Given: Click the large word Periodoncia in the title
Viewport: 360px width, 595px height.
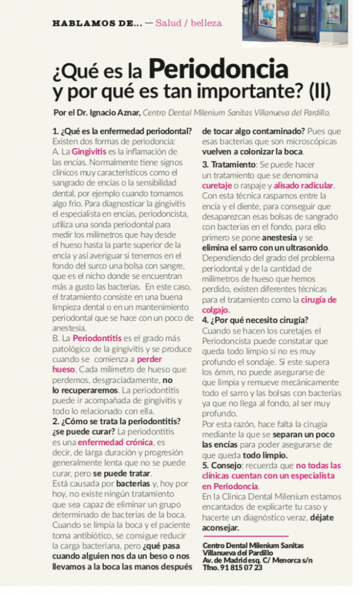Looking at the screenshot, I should click(x=218, y=70).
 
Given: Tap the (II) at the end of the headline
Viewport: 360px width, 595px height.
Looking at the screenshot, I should click(x=319, y=91).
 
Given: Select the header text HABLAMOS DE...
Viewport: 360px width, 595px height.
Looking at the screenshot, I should click(x=96, y=23).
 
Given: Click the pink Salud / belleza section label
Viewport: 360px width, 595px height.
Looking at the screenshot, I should click(x=189, y=23).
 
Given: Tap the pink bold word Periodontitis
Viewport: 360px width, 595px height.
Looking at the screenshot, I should click(x=97, y=338).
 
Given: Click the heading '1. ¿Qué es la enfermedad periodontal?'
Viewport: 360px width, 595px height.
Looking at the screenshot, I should click(x=122, y=131).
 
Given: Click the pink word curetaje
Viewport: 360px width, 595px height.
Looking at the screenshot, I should click(x=217, y=185).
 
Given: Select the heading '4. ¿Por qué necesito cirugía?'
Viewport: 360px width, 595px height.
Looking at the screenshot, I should click(x=255, y=320).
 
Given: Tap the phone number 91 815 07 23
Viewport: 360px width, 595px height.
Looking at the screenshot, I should click(x=241, y=567).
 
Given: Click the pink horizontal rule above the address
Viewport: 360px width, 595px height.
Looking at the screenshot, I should click(x=245, y=535).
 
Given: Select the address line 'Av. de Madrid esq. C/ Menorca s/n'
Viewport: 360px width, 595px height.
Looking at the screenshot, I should click(x=256, y=560).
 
